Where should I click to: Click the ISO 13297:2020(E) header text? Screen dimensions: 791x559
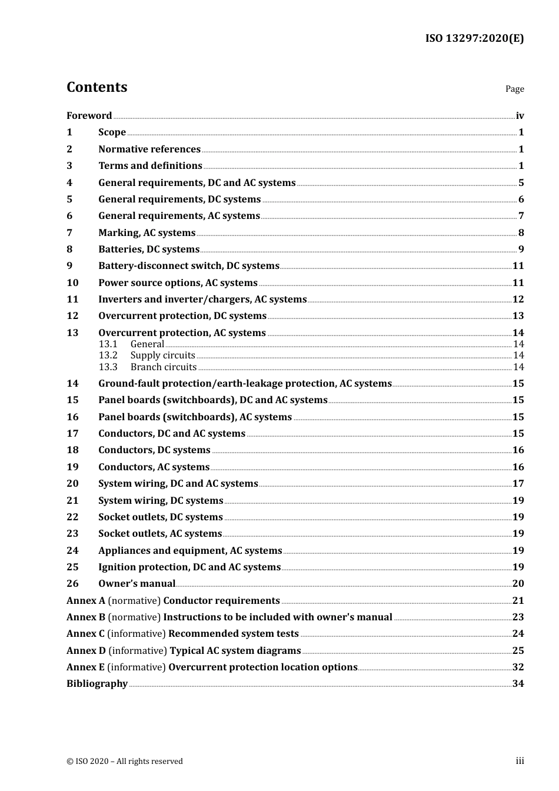pyautogui.click(x=474, y=39)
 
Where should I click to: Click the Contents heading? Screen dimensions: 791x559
pyautogui.click(x=97, y=87)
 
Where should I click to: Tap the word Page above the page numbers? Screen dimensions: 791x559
pyautogui.click(x=514, y=89)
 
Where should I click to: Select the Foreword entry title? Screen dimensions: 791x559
pyautogui.click(x=89, y=116)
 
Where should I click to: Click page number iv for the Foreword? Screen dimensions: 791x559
pyautogui.click(x=520, y=116)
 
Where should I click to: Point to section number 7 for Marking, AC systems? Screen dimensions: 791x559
pyautogui.click(x=69, y=233)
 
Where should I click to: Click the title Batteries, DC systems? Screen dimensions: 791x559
pyautogui.click(x=149, y=250)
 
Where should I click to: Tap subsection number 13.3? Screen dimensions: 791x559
pyautogui.click(x=108, y=367)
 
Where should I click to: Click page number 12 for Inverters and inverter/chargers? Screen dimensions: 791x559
pyautogui.click(x=518, y=300)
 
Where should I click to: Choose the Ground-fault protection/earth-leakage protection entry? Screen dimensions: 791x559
pyautogui.click(x=245, y=384)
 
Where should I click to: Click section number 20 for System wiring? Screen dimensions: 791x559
pyautogui.click(x=72, y=484)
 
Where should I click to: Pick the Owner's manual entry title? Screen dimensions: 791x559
pyautogui.click(x=137, y=584)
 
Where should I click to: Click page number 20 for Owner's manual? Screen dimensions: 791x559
pyautogui.click(x=518, y=584)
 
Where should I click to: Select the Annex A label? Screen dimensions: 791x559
pyautogui.click(x=86, y=601)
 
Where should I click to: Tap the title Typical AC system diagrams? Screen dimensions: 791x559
pyautogui.click(x=235, y=651)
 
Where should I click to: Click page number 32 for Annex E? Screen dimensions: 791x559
pyautogui.click(x=518, y=667)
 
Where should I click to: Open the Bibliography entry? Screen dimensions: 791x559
pyautogui.click(x=97, y=684)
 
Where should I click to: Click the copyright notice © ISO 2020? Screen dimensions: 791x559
pyautogui.click(x=125, y=762)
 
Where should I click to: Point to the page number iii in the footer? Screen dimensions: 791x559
pyautogui.click(x=520, y=761)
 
